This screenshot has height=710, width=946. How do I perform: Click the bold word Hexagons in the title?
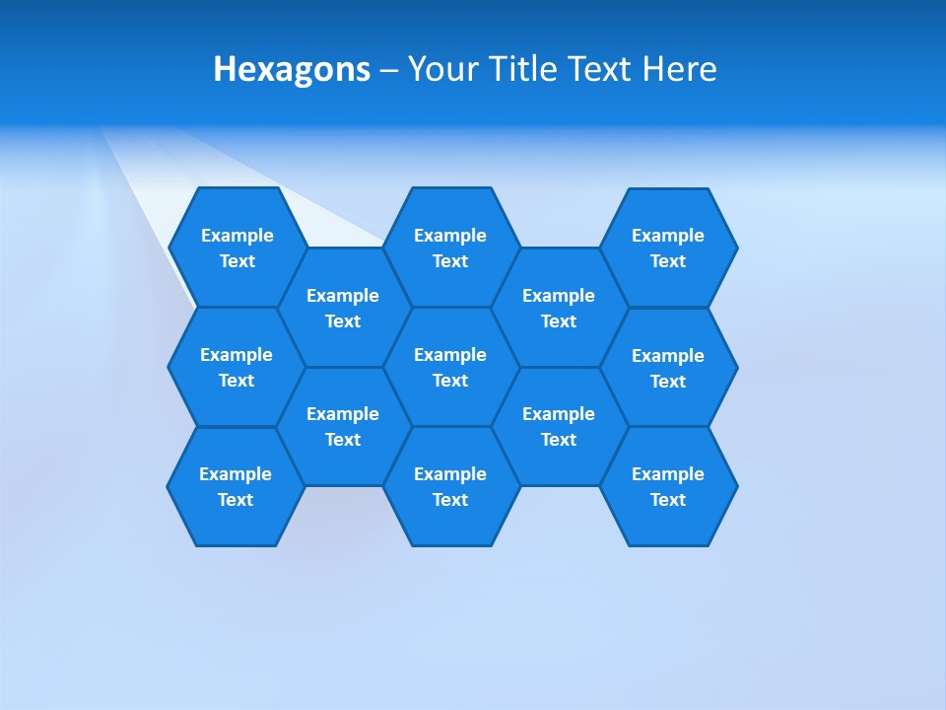coord(292,69)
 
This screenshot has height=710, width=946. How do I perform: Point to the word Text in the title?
coord(600,69)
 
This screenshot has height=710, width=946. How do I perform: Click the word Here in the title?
coord(679,69)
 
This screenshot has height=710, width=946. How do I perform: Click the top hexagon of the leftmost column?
coord(237,248)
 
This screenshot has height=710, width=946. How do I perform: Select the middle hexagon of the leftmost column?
coord(236,367)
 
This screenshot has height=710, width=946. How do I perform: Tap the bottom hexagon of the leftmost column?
coord(236,486)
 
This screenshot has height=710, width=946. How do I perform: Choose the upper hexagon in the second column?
coord(343,308)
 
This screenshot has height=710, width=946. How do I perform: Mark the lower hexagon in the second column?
coord(343,426)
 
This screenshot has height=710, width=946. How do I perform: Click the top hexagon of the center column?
coord(450,248)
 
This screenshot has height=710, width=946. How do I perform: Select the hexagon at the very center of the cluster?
coord(450,367)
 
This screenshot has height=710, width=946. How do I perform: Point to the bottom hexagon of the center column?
coord(450,486)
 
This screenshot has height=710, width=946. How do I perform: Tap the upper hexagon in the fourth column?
coord(559,308)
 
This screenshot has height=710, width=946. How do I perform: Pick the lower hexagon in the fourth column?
coord(559,426)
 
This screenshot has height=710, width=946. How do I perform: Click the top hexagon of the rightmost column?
coord(668,248)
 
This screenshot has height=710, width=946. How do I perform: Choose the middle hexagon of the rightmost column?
coord(668,368)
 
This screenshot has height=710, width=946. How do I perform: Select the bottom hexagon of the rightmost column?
coord(668,486)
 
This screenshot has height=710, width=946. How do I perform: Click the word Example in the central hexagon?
coord(450,355)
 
